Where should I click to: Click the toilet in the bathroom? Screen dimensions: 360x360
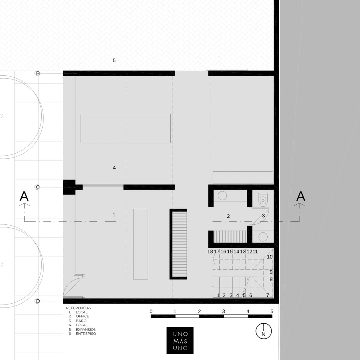click(263, 198)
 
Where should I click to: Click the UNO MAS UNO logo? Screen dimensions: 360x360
click(180, 340)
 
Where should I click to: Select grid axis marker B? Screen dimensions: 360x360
click(37, 73)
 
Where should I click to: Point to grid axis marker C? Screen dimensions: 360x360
click(37, 187)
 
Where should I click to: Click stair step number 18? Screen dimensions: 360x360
click(210, 252)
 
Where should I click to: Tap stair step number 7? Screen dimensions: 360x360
click(268, 295)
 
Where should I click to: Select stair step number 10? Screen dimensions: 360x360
click(270, 257)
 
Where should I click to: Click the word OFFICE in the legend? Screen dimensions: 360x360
click(82, 316)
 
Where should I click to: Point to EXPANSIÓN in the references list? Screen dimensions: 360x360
click(86, 329)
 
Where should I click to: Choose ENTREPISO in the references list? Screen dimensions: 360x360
click(86, 334)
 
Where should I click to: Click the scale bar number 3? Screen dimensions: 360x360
click(223, 311)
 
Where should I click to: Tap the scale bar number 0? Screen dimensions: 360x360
click(151, 311)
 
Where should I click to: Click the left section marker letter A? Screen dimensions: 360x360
click(24, 196)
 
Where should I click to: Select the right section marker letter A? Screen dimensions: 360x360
click(301, 196)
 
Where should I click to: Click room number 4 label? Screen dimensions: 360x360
click(114, 168)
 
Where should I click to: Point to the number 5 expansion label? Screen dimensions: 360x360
click(114, 60)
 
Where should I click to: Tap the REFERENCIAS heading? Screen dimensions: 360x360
click(79, 308)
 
